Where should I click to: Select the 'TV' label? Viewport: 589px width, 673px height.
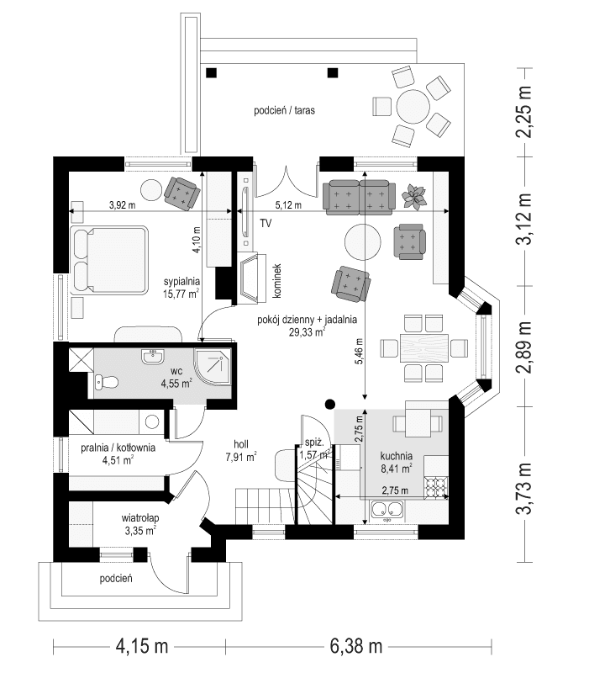pos(266,224)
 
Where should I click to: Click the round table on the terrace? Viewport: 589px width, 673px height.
pos(413,107)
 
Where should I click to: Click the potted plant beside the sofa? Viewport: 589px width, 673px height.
pos(414,196)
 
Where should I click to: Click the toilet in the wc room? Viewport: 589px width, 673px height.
pos(103,383)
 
